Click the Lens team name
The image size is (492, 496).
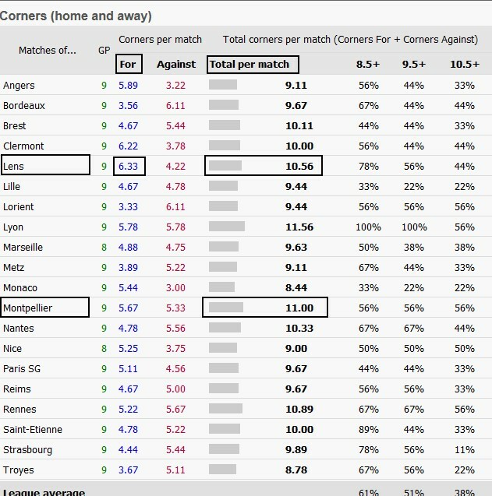pos(14,166)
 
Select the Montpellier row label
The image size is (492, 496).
pos(27,308)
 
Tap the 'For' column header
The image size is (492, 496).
pos(128,65)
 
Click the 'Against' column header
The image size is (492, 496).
pos(176,65)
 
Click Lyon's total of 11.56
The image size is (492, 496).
pos(299,227)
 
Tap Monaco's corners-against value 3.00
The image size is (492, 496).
pos(176,287)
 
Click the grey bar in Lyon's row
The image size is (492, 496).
pos(227,227)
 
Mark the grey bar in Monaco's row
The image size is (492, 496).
pos(222,287)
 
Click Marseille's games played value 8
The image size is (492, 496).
pos(104,247)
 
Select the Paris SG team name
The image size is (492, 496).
pos(22,368)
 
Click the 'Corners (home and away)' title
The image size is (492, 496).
pos(76,16)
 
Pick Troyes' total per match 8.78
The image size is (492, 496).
pos(299,470)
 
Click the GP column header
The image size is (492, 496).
pos(104,50)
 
